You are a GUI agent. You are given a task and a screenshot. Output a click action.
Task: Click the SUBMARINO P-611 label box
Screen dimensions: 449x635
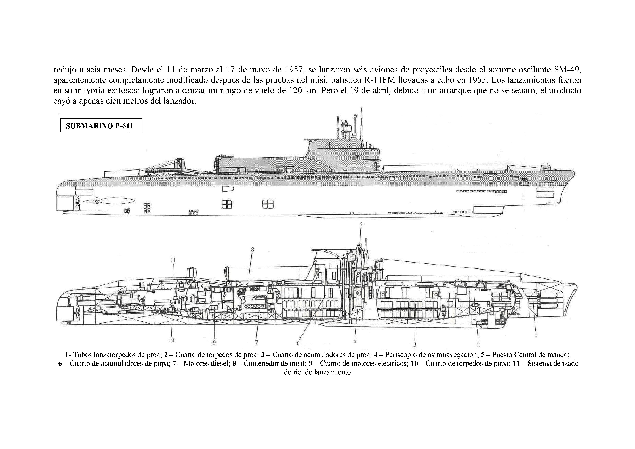[x=101, y=126]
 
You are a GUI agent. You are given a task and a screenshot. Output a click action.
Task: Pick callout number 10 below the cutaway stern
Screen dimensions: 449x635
[x=171, y=340]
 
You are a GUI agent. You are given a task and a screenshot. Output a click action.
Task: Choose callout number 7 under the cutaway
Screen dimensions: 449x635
[x=256, y=343]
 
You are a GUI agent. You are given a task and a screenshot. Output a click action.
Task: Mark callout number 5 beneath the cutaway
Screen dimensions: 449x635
[x=355, y=341]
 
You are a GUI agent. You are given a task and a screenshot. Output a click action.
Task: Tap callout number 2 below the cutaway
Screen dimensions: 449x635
[x=478, y=345]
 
